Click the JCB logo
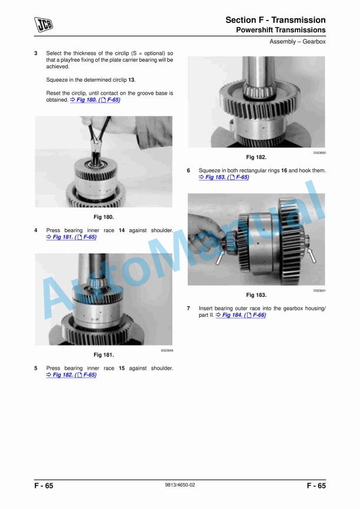[x=44, y=25]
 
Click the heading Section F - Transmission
[x=275, y=20]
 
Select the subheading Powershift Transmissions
[x=281, y=30]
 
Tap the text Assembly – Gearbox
[x=297, y=42]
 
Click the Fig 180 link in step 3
[x=95, y=100]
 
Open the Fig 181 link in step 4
[x=72, y=237]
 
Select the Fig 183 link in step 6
[x=224, y=178]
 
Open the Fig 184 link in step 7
[x=241, y=315]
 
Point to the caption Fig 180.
[x=104, y=217]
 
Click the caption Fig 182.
[x=256, y=157]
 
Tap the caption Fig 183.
[x=256, y=294]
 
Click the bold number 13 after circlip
[x=131, y=80]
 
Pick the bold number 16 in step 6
[x=284, y=170]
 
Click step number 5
[x=36, y=368]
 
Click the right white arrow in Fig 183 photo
[x=312, y=255]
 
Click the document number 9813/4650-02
[x=180, y=485]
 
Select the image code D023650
[x=319, y=153]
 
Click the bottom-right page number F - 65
[x=316, y=485]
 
